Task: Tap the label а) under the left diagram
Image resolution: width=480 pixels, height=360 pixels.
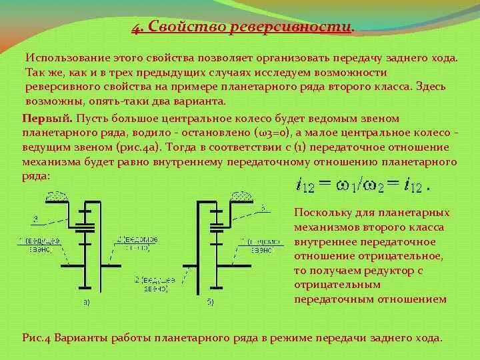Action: (x=86, y=303)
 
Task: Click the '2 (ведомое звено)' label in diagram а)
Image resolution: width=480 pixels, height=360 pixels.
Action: (x=133, y=243)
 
